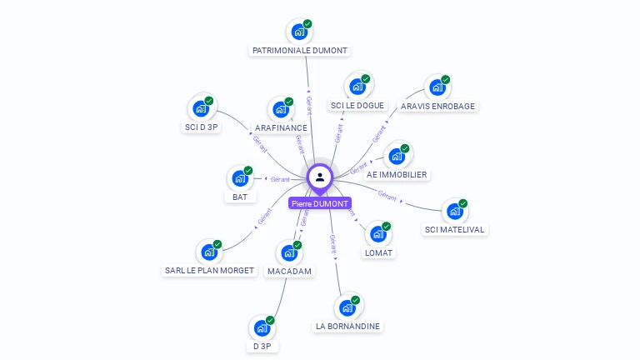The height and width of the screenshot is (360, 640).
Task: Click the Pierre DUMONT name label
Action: pos(320,203)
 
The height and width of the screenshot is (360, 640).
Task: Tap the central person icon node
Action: pos(320,177)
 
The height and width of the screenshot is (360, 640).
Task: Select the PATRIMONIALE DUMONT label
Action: pos(300,50)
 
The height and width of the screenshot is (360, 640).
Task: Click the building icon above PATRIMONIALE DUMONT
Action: pos(298,32)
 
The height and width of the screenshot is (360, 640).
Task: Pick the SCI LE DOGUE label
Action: pos(357,106)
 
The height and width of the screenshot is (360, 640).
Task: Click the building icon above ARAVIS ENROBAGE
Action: pos(437,87)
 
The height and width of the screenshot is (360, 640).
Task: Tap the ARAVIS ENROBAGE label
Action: pos(438,107)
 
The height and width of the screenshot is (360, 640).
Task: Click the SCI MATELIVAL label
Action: pos(454,229)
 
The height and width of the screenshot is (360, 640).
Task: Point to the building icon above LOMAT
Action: pos(377,234)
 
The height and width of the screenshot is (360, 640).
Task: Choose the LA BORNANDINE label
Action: pos(348,326)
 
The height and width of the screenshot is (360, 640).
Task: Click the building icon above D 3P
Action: pos(262,328)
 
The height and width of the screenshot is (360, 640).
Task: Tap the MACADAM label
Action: pos(289,272)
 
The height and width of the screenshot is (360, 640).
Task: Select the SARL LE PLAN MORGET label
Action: pos(209,270)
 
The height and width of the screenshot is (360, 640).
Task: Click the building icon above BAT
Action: pos(239,178)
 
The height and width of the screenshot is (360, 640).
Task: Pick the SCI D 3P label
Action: pos(201,127)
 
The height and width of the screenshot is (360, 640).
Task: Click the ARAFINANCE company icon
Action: pos(280,109)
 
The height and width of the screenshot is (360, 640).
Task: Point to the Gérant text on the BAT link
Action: pos(280,179)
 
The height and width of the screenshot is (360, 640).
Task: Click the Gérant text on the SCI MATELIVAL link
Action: pos(387,195)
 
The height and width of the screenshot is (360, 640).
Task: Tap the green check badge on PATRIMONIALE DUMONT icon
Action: pos(307,24)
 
